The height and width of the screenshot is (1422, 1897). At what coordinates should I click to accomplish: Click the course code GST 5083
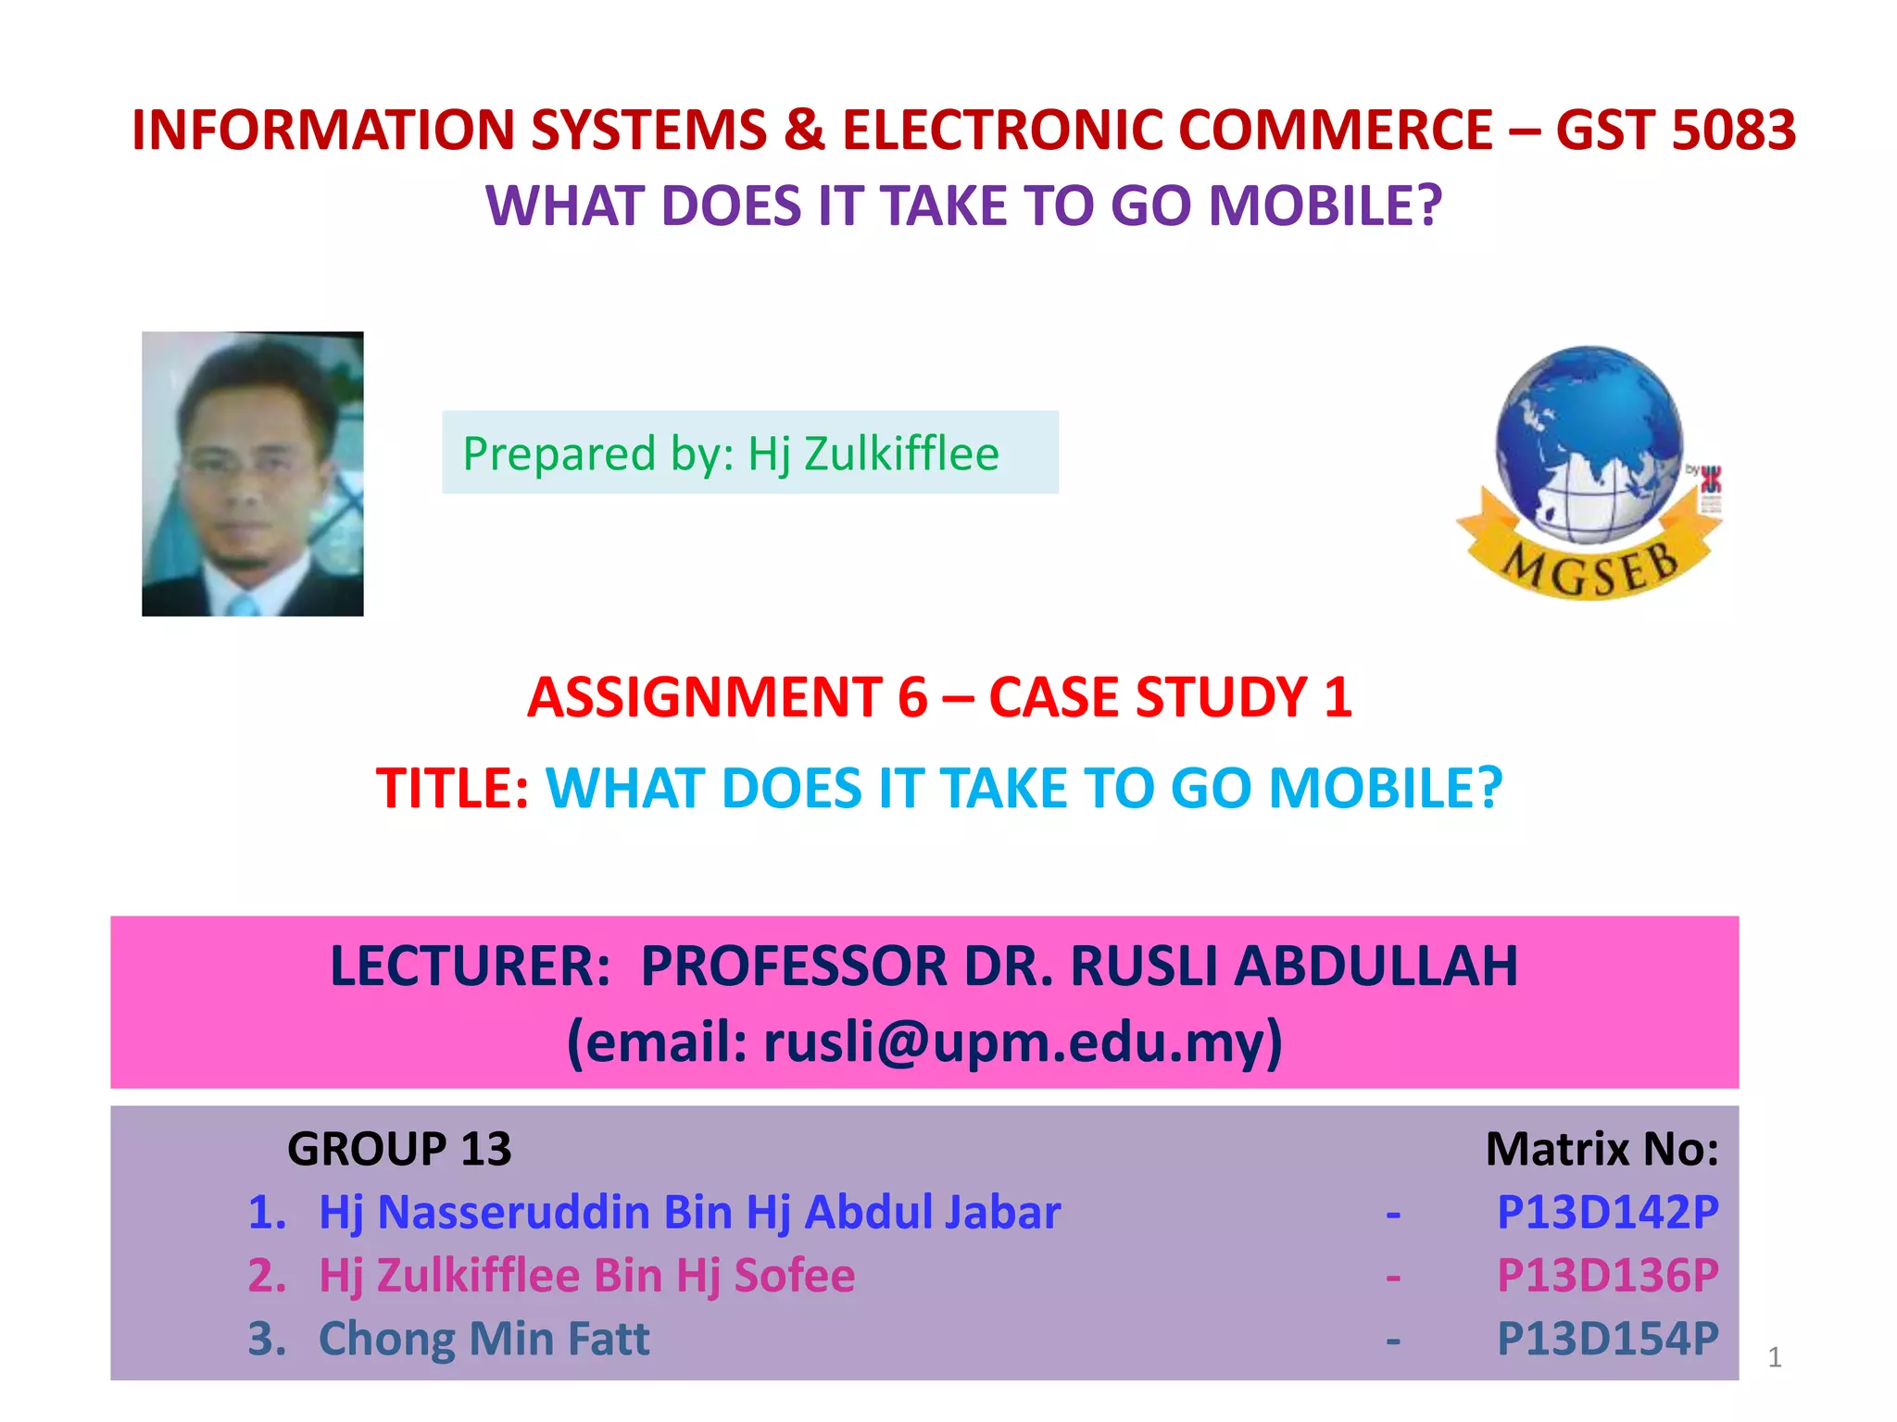1676,130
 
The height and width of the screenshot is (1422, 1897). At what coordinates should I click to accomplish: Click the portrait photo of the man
252,473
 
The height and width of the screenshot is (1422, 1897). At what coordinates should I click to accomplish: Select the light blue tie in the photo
243,605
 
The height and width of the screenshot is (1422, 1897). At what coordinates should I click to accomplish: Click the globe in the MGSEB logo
1588,440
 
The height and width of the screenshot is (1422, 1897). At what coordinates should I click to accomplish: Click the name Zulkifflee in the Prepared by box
901,454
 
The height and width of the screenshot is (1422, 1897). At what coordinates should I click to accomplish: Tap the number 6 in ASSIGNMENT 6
912,697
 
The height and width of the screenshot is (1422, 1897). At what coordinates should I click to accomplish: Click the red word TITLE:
452,789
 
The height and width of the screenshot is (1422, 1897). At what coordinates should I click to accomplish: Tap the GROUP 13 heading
399,1150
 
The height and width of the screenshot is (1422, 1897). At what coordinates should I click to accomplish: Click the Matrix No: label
1602,1150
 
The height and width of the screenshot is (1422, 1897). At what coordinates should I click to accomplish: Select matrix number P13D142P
1607,1212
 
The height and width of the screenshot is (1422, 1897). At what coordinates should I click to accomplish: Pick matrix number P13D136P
1607,1275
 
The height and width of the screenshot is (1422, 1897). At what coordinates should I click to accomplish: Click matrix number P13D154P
1607,1339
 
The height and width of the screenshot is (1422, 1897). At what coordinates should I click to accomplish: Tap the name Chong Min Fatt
484,1339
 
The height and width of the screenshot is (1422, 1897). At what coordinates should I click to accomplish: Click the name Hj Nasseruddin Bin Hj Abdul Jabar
689,1212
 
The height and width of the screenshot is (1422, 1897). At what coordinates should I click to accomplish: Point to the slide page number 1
1774,1357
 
